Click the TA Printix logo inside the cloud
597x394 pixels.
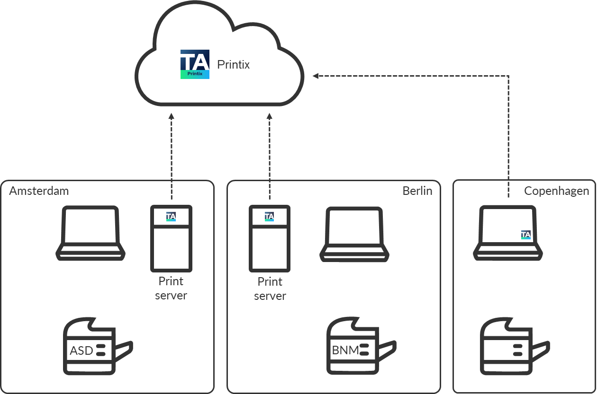tap(195, 64)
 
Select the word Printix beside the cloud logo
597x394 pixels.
tap(233, 64)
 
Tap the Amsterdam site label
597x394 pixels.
tap(39, 191)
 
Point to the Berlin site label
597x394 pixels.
tap(417, 191)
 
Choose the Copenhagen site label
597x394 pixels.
tap(557, 191)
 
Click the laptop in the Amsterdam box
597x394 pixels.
tap(90, 233)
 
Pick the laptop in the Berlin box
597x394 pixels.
tap(354, 234)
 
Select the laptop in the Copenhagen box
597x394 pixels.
tap(508, 232)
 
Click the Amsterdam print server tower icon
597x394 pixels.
tap(171, 238)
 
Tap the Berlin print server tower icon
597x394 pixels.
tap(270, 238)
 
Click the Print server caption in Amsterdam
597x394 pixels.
tap(171, 289)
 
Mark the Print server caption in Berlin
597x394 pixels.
tap(270, 289)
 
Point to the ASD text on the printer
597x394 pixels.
tap(81, 351)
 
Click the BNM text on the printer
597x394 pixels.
tap(345, 350)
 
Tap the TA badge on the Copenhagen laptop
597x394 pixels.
tap(526, 235)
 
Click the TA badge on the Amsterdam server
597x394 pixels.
tap(171, 217)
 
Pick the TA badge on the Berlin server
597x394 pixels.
tap(269, 217)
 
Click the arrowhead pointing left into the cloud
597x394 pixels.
tap(316, 76)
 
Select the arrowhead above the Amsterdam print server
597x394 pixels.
tap(172, 116)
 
